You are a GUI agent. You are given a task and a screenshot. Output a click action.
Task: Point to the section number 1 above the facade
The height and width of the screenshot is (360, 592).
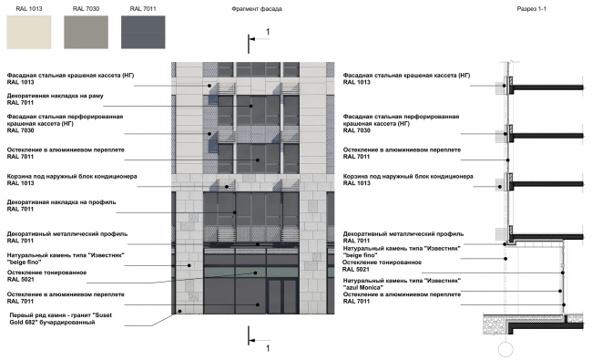tap(267, 32)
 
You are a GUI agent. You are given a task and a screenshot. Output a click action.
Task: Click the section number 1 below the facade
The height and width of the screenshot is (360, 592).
tap(267, 347)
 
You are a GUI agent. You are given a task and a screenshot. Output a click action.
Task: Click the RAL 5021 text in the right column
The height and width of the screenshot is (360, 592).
tap(356, 270)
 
